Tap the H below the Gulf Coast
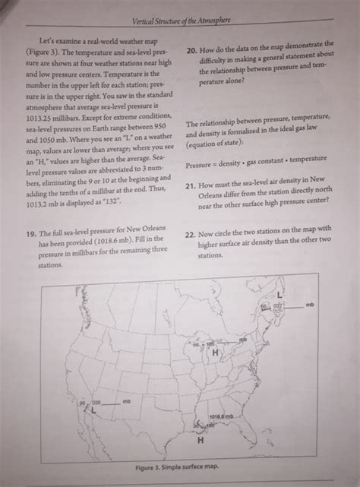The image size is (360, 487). click(x=201, y=440)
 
